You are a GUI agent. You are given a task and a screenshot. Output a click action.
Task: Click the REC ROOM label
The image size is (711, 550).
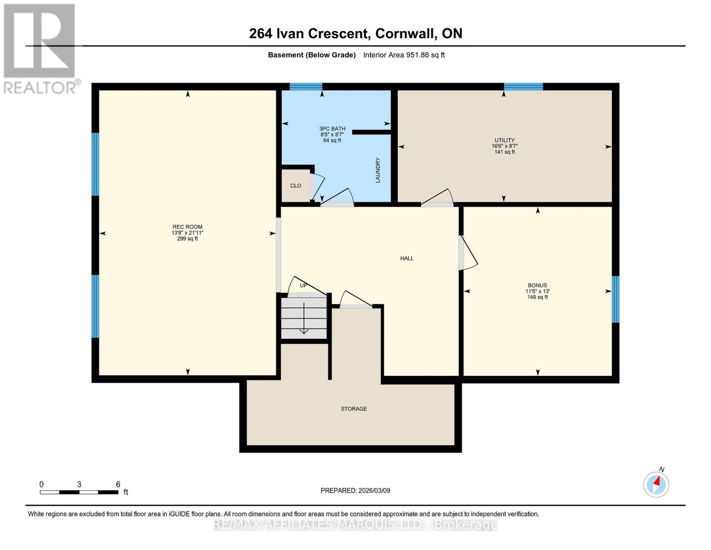(187, 227)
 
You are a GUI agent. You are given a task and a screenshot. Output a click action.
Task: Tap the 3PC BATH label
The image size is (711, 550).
(332, 129)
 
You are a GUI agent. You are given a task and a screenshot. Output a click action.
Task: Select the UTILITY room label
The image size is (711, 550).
(505, 140)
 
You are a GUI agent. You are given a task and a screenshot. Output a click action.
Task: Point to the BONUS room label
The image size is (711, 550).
(537, 285)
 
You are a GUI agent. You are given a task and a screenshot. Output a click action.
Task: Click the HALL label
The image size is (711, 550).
(407, 258)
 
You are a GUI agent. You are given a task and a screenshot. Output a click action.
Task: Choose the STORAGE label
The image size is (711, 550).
(354, 409)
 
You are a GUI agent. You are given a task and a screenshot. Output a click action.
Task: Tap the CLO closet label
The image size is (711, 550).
(296, 186)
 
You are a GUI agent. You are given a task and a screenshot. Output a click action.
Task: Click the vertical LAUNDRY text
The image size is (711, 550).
(378, 170)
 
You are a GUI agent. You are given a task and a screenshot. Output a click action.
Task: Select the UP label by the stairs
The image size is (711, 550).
(303, 286)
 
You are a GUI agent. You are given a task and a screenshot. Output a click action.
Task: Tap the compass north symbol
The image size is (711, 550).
(656, 484)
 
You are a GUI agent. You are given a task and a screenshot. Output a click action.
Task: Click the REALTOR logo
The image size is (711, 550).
(40, 48)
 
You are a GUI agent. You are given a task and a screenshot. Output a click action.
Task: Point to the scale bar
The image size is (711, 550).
(79, 492)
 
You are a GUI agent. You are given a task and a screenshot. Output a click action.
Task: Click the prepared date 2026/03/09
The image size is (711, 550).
(355, 490)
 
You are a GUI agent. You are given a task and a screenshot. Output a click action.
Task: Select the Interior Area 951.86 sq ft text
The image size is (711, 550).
(404, 55)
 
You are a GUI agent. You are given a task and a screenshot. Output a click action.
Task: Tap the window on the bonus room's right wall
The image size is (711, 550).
(616, 299)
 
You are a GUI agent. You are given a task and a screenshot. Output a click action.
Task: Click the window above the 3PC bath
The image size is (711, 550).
(306, 87)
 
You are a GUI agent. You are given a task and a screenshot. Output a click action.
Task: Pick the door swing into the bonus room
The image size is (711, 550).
(468, 253)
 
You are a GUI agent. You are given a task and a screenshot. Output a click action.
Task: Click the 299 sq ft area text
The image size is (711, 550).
(187, 239)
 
